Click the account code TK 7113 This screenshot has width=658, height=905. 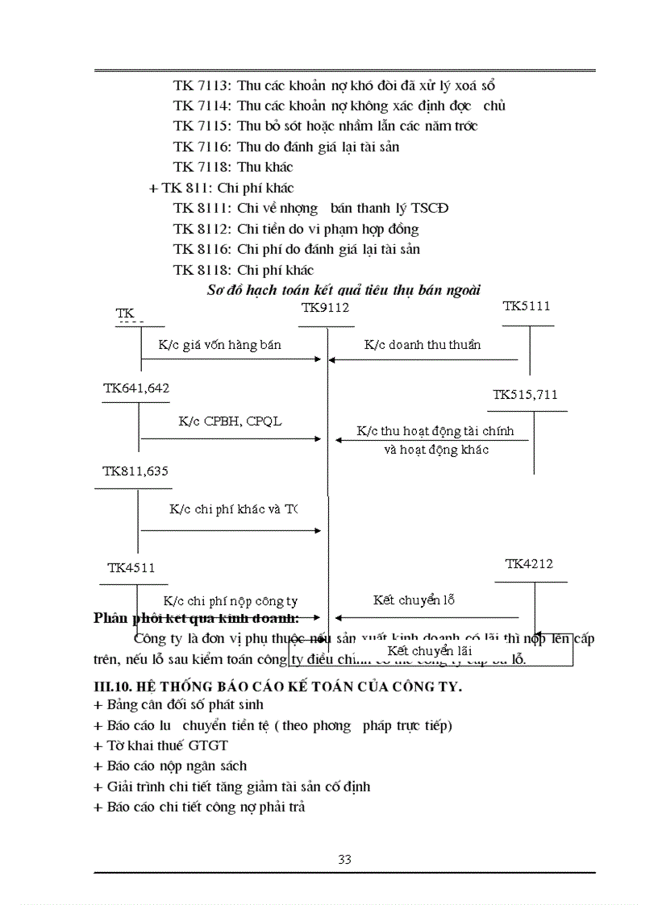pyautogui.click(x=202, y=85)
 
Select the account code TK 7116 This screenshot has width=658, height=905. pyautogui.click(x=202, y=147)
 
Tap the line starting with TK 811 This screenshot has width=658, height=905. pyautogui.click(x=221, y=188)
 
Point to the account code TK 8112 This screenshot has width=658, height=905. pyautogui.click(x=202, y=229)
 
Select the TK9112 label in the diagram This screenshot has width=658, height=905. pyautogui.click(x=325, y=307)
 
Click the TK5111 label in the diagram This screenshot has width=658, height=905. pyautogui.click(x=527, y=306)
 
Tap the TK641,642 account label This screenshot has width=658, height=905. pyautogui.click(x=136, y=388)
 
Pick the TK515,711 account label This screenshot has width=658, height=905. pyautogui.click(x=525, y=395)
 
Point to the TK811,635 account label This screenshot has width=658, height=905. pyautogui.click(x=135, y=471)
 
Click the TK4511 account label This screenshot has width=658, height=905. pyautogui.click(x=131, y=568)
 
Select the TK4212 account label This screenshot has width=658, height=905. pyautogui.click(x=529, y=564)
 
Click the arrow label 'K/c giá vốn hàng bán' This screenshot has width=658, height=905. pyautogui.click(x=219, y=345)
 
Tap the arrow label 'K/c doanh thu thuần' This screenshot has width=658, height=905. pyautogui.click(x=423, y=345)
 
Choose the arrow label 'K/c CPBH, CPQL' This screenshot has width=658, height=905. pyautogui.click(x=230, y=421)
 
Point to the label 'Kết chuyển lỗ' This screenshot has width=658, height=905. pyautogui.click(x=414, y=600)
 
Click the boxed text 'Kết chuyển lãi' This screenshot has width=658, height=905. pyautogui.click(x=429, y=651)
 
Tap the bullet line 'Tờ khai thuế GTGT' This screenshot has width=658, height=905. pyautogui.click(x=161, y=745)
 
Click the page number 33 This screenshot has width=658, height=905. pyautogui.click(x=344, y=859)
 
